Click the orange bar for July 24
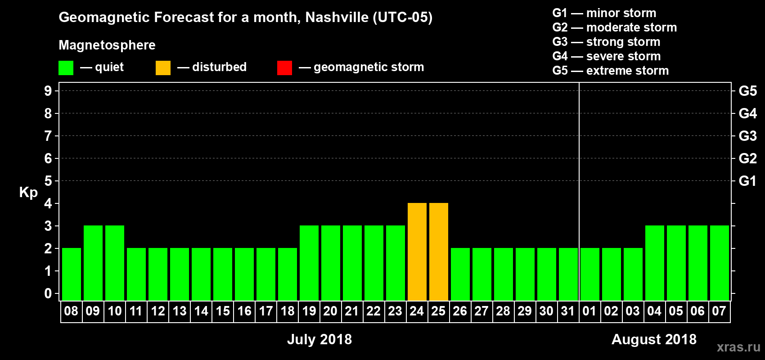(417, 252)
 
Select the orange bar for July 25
(438, 252)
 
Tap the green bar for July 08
(71, 274)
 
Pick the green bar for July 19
(309, 263)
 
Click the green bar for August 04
(654, 263)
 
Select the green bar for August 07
(719, 263)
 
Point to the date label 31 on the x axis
(568, 311)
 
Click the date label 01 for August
(589, 311)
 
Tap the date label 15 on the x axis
(222, 311)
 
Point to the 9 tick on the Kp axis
(48, 91)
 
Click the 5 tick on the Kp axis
(48, 181)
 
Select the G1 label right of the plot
(747, 181)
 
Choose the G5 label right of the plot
(747, 91)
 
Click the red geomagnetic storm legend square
(284, 68)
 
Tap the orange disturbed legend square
(163, 68)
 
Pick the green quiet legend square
(66, 68)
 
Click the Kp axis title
(28, 193)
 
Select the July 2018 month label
(319, 339)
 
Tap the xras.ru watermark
(738, 347)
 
